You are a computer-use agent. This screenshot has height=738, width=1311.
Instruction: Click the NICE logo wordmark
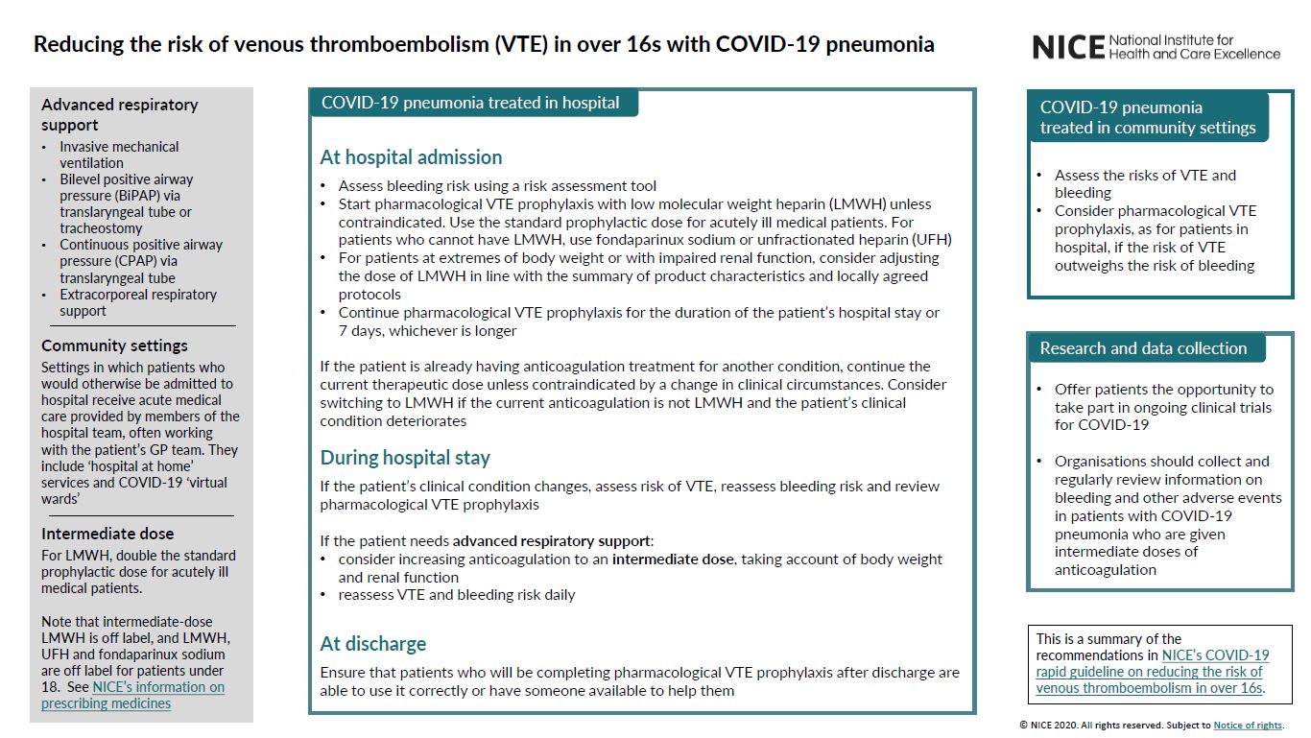coord(1068,47)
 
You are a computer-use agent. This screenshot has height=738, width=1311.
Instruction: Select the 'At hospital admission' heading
coord(411,157)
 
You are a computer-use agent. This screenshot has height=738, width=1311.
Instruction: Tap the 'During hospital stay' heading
coord(405,458)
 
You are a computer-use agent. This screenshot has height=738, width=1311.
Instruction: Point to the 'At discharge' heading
coord(373,644)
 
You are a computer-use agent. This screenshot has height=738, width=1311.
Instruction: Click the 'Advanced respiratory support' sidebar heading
coord(119,114)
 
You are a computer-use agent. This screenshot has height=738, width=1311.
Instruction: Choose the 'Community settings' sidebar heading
coord(114,345)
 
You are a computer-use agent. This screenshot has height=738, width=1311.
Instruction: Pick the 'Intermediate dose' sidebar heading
coord(107,534)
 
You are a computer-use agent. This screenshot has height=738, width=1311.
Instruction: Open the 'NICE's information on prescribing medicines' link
coord(132,695)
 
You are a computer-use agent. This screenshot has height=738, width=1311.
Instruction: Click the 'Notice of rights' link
coord(1248,726)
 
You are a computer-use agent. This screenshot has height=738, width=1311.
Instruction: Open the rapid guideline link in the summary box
coord(1152,672)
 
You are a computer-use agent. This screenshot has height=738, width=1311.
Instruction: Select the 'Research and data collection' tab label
coord(1143,348)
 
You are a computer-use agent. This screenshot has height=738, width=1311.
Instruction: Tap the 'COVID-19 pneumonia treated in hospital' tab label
coord(470,103)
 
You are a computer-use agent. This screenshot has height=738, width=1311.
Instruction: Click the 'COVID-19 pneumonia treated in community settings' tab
coord(1148,117)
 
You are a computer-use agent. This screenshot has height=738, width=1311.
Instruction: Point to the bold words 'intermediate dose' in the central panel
coord(673,559)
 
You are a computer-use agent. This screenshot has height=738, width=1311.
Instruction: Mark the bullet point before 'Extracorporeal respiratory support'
coord(44,295)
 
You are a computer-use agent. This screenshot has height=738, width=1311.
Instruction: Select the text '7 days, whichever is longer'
coord(427,331)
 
